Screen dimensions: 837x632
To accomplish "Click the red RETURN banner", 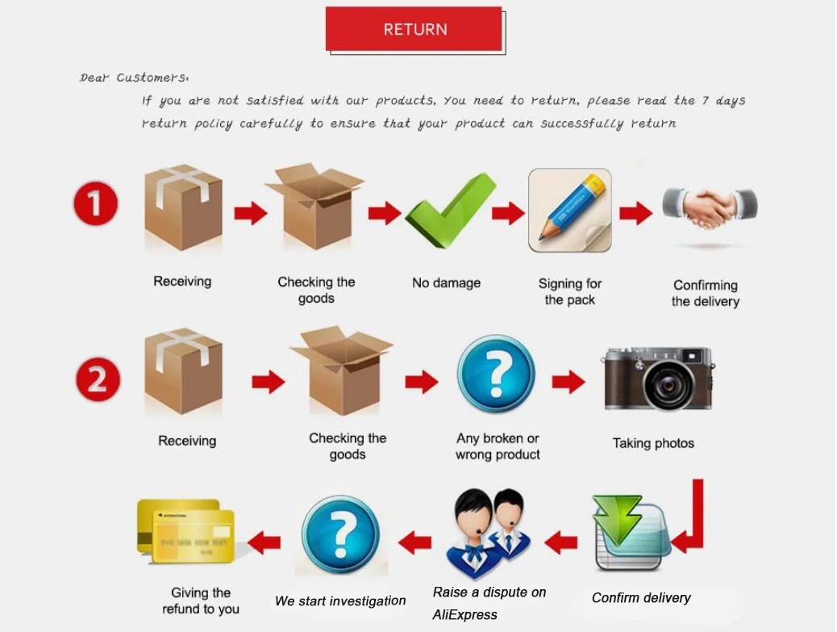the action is pyautogui.click(x=414, y=29).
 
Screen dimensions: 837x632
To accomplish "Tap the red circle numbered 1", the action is pyautogui.click(x=96, y=203).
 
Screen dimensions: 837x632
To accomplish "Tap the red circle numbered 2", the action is pyautogui.click(x=98, y=379).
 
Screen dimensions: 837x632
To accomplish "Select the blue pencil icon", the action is pyautogui.click(x=569, y=209).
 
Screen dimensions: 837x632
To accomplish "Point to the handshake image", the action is pyautogui.click(x=710, y=207).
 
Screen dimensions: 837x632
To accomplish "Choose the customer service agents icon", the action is pyautogui.click(x=489, y=532).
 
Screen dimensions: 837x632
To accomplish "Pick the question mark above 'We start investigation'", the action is pyautogui.click(x=340, y=534).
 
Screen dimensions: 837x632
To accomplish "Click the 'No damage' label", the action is pyautogui.click(x=446, y=283).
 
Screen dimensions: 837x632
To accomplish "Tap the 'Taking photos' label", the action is pyautogui.click(x=653, y=443).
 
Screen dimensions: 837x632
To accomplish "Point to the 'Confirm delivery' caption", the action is pyautogui.click(x=641, y=598).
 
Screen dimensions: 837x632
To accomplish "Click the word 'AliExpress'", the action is pyautogui.click(x=465, y=615).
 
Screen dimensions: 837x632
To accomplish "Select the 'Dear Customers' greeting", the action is pyautogui.click(x=134, y=78).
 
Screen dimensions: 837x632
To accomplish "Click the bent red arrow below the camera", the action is pyautogui.click(x=692, y=521).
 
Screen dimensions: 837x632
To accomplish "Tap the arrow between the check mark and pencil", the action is pyautogui.click(x=508, y=213).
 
